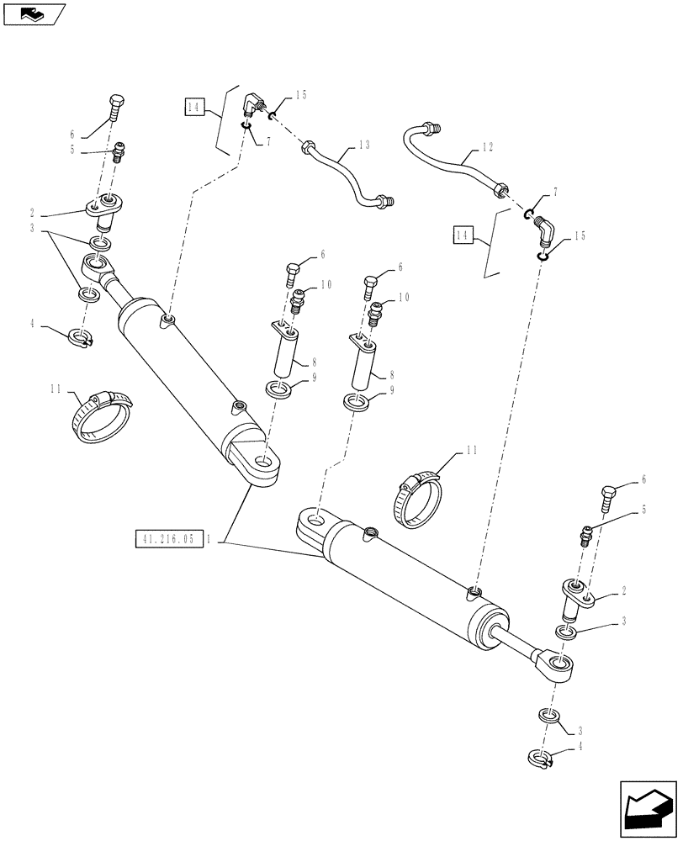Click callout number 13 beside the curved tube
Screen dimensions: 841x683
[x=364, y=145]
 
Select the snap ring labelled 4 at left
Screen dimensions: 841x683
[x=82, y=338]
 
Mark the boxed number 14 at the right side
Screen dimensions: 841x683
[x=461, y=235]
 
